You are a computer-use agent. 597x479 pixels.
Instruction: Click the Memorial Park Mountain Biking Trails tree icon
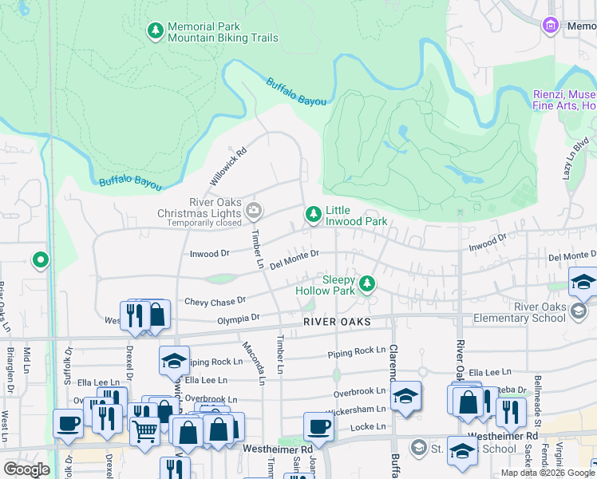point(155,31)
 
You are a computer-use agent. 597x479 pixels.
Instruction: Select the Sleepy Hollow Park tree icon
point(367,283)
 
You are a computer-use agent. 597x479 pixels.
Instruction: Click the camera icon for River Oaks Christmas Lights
point(254,212)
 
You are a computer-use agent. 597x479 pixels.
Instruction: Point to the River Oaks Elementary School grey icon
point(579,311)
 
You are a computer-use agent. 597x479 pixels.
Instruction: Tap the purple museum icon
point(550,26)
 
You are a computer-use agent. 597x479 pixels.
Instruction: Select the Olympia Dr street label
point(239,318)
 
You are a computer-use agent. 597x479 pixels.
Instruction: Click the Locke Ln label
point(370,427)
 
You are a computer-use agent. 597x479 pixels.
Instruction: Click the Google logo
point(26,469)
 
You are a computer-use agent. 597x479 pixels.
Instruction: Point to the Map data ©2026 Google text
point(547,473)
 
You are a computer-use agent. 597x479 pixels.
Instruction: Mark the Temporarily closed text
point(201,224)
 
